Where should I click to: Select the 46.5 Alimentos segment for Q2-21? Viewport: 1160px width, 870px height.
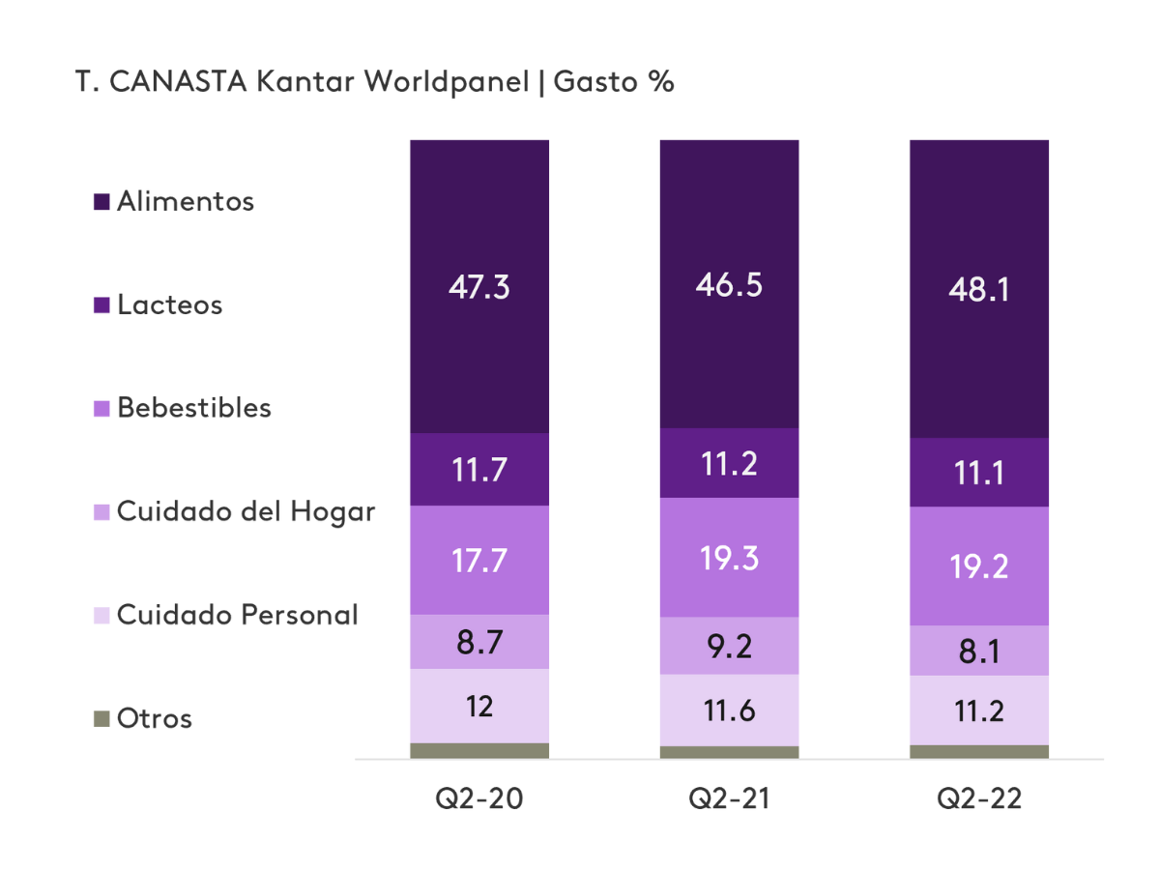[x=729, y=286]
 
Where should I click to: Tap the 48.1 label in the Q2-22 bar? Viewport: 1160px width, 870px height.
[x=978, y=289]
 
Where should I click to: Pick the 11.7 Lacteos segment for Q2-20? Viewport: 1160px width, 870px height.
[x=479, y=469]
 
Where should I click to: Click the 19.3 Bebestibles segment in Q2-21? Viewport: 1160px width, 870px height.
[x=729, y=558]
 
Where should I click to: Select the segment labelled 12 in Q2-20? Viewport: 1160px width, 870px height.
[x=479, y=706]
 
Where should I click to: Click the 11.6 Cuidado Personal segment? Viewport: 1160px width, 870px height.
[x=729, y=710]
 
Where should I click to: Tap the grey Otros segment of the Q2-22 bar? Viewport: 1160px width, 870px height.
[x=978, y=752]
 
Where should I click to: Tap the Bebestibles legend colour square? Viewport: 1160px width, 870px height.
[x=101, y=409]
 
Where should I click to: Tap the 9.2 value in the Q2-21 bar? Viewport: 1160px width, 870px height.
[x=729, y=646]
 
